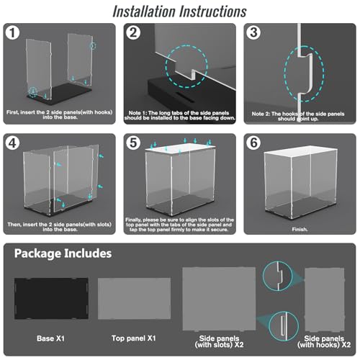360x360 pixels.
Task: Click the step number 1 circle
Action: tap(12, 32)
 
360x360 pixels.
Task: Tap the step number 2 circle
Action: tap(133, 32)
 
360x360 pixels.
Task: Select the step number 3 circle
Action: tap(253, 32)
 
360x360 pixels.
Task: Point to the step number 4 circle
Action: tap(12, 143)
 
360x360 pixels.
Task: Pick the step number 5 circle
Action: tap(133, 143)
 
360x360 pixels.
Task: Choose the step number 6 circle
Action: tap(253, 143)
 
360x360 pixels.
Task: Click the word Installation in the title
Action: tap(144, 12)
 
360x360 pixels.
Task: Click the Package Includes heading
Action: tap(63, 253)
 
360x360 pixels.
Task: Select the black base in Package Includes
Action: tap(51, 299)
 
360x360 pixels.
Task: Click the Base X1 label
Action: tap(50, 338)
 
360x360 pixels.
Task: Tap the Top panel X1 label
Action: tap(134, 338)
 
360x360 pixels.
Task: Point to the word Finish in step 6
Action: tap(300, 230)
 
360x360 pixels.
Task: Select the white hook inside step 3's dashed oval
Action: tap(306, 73)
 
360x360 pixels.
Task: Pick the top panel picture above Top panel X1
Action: tap(135, 299)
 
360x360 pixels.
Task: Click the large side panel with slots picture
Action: tap(219, 299)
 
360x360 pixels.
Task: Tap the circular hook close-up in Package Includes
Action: tap(277, 276)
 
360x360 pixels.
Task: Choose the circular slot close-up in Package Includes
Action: tap(284, 326)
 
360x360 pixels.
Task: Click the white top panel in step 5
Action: tap(181, 148)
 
